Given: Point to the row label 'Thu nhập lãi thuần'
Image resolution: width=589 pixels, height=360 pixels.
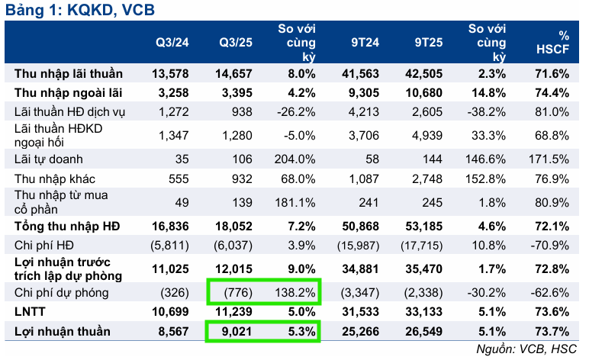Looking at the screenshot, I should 65,74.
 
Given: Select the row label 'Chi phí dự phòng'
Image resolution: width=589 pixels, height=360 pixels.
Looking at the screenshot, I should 56,293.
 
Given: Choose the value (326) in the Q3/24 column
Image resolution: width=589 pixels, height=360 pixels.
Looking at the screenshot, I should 173,293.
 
